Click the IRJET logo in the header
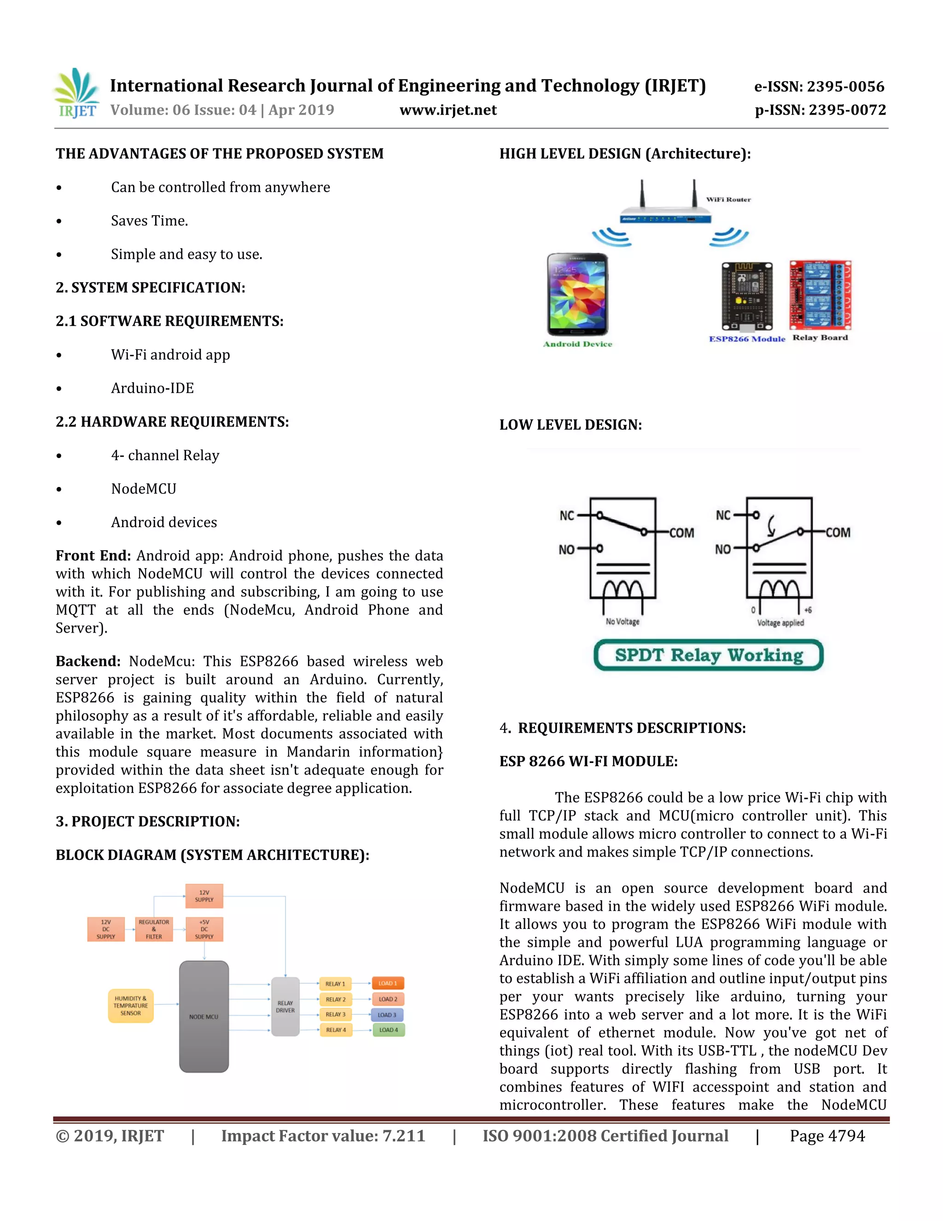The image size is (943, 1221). point(76,94)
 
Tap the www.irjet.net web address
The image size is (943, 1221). point(448,110)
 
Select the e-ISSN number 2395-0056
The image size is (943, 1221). point(819,87)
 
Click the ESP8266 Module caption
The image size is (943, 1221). point(746,339)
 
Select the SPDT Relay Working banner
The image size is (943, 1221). point(708,655)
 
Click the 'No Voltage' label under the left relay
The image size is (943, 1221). point(623,622)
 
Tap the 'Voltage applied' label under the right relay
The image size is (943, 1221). point(780,623)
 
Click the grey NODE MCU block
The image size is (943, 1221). point(204,1016)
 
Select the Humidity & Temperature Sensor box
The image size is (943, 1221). point(131,1006)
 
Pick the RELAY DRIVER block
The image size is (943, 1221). point(285,1006)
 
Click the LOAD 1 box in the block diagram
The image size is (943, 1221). point(388,983)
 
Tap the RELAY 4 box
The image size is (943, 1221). point(336,1030)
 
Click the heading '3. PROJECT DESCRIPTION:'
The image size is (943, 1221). point(147,821)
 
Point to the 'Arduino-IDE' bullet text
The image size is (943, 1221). point(152,388)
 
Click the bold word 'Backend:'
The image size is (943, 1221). point(87,661)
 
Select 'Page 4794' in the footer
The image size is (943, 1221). point(827,1136)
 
